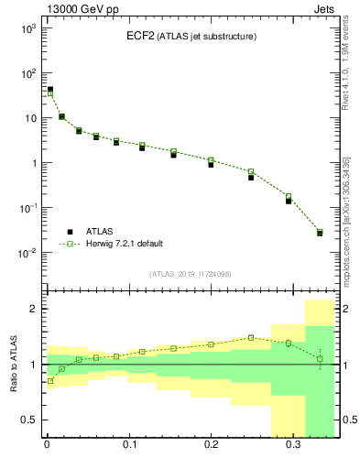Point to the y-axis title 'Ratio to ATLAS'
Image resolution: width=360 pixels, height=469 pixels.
12,364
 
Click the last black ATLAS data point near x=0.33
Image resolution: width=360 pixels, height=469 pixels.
320,233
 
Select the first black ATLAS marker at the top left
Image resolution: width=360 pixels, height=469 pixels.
49,90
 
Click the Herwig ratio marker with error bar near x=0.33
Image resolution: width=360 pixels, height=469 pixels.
320,358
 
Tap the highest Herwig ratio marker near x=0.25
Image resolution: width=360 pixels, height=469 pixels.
251,337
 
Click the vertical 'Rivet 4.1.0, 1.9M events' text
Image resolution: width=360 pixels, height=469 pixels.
349,69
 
